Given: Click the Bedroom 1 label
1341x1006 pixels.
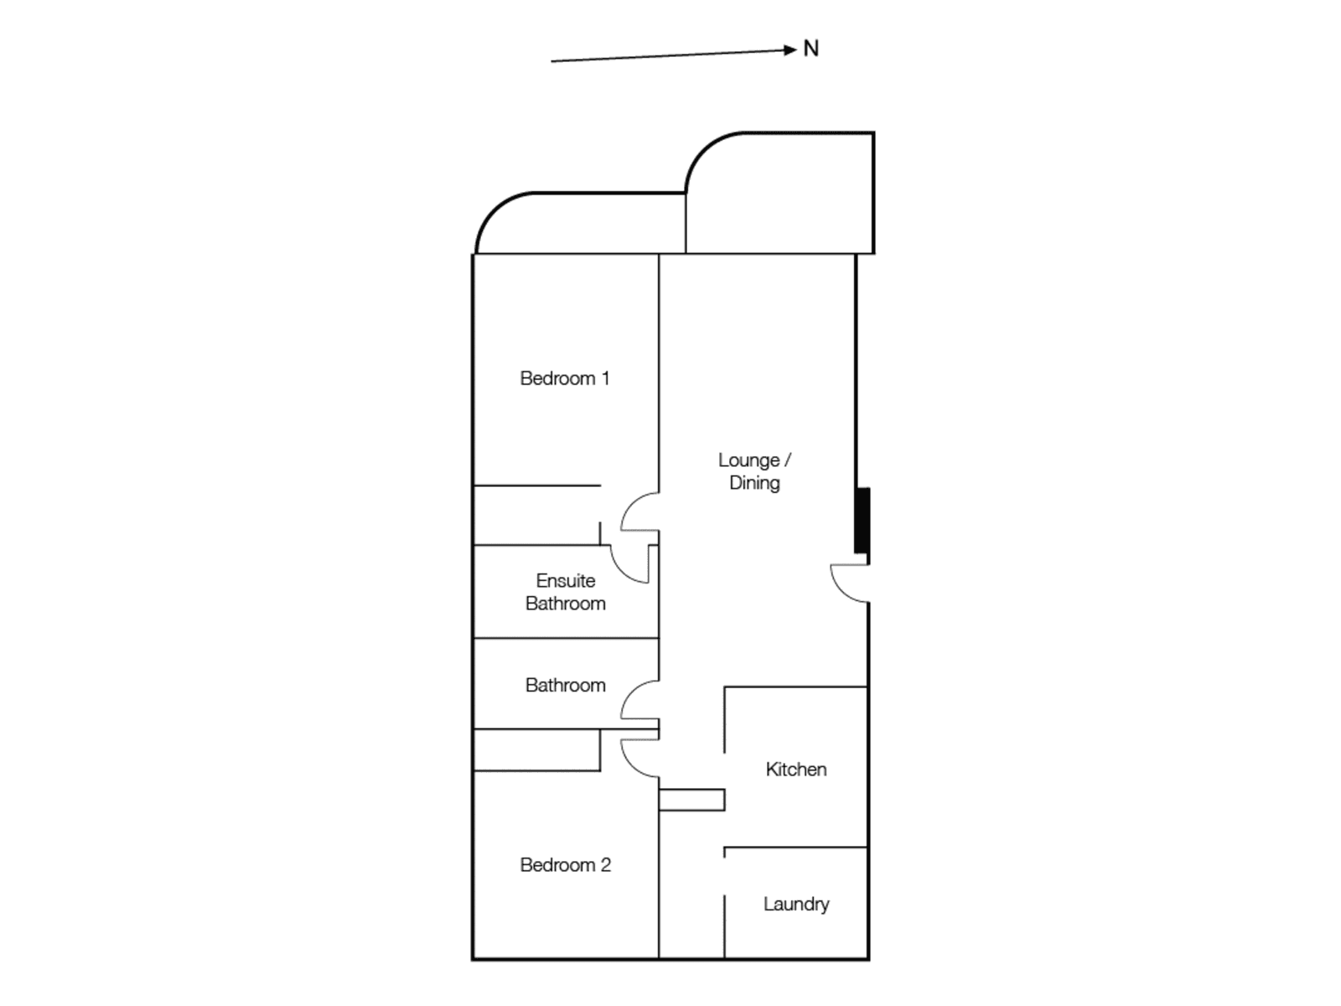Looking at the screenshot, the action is (x=564, y=378).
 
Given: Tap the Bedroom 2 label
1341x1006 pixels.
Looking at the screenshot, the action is (x=565, y=864).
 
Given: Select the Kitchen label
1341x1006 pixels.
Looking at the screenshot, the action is (x=795, y=769).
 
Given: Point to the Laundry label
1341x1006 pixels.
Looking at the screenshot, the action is (x=795, y=904).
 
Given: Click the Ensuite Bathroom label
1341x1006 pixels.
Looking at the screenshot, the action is (x=565, y=592).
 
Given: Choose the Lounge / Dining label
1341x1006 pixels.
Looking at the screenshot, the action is (x=754, y=471).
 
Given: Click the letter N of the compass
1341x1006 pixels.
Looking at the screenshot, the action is (x=810, y=49).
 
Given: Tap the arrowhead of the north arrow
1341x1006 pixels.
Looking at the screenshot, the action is (x=790, y=50).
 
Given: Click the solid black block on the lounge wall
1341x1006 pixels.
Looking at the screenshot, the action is (x=862, y=520).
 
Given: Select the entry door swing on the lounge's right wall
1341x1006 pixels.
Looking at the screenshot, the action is (x=848, y=583).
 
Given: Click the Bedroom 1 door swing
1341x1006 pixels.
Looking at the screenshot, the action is (x=639, y=512).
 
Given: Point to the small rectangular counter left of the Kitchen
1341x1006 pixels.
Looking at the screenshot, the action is (x=691, y=800).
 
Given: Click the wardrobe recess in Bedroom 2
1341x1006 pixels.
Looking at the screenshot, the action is (x=536, y=750).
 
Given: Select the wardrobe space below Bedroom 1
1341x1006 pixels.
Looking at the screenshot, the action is (x=536, y=515).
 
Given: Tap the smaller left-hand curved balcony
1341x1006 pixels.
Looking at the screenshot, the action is (x=578, y=225).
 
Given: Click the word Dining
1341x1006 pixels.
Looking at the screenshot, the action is (x=754, y=483).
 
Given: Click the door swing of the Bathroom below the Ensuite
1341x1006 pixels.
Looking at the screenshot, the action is (x=639, y=701).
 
